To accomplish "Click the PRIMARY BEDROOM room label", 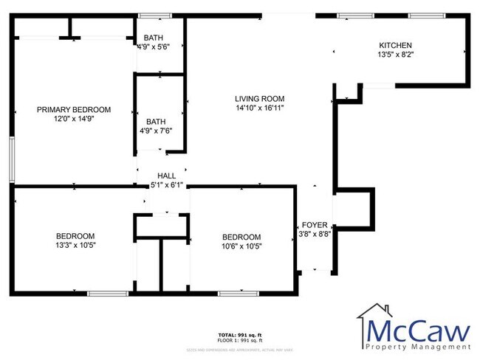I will coord(73,109).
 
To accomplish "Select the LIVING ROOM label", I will coord(259,99).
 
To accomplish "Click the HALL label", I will coord(166,176).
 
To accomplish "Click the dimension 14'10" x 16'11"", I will coord(259,108).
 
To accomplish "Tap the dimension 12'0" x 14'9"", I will coord(73,119).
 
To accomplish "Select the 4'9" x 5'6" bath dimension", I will coord(154,46).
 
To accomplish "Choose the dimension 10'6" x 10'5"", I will coord(241,246).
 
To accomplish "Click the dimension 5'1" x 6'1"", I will coord(166,185).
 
